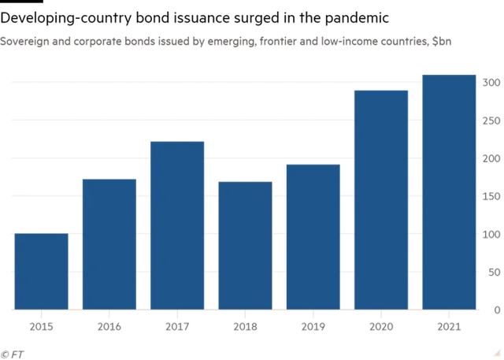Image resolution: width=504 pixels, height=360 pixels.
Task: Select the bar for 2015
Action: pyautogui.click(x=41, y=271)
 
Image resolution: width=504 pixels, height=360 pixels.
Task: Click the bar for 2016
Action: pyautogui.click(x=109, y=243)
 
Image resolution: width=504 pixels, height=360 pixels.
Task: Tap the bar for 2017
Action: pyautogui.click(x=177, y=225)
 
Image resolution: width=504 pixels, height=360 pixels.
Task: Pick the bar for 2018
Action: pyautogui.click(x=245, y=245)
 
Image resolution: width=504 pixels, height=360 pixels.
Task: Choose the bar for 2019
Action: pyautogui.click(x=313, y=236)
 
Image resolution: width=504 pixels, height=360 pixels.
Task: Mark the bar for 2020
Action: pyautogui.click(x=381, y=199)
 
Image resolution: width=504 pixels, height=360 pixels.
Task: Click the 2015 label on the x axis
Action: pyautogui.click(x=41, y=325)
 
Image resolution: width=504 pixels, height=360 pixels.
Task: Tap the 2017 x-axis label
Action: pyautogui.click(x=177, y=325)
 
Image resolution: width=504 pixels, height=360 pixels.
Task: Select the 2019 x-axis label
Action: pyautogui.click(x=313, y=325)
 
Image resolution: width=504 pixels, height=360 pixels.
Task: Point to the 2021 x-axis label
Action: pyautogui.click(x=449, y=325)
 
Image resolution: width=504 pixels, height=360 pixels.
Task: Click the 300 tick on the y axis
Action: pyautogui.click(x=491, y=83)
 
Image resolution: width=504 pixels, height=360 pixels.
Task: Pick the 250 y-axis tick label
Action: pyautogui.click(x=491, y=121)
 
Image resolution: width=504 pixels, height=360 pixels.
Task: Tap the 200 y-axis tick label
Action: pyautogui.click(x=491, y=158)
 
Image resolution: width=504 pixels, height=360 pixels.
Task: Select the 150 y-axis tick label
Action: pyautogui.click(x=491, y=196)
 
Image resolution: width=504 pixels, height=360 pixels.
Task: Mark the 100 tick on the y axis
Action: pyautogui.click(x=491, y=234)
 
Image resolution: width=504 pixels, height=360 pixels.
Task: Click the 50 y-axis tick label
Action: pyautogui.click(x=494, y=272)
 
